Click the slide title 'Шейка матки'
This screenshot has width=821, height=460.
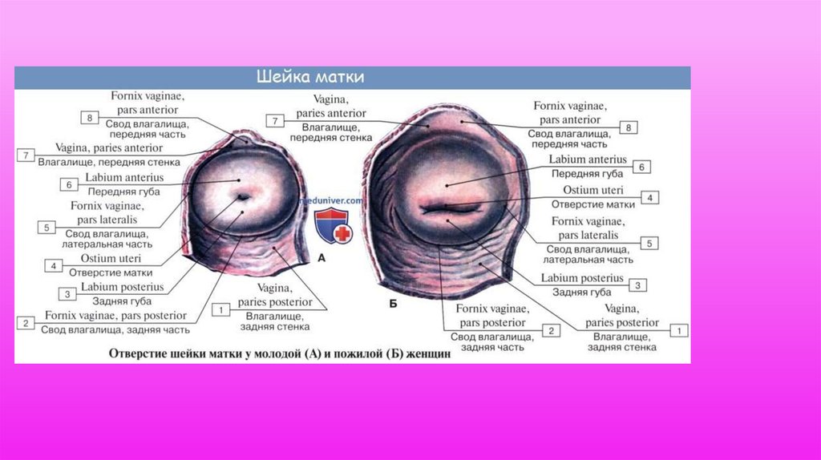(310, 78)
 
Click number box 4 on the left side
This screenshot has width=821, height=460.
(54, 265)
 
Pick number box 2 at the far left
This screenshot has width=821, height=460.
(26, 323)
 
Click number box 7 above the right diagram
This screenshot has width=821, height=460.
(274, 121)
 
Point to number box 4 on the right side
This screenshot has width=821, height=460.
(652, 197)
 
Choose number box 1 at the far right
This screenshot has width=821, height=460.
(680, 329)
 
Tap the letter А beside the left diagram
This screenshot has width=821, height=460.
(321, 259)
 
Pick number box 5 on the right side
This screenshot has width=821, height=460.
(652, 243)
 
